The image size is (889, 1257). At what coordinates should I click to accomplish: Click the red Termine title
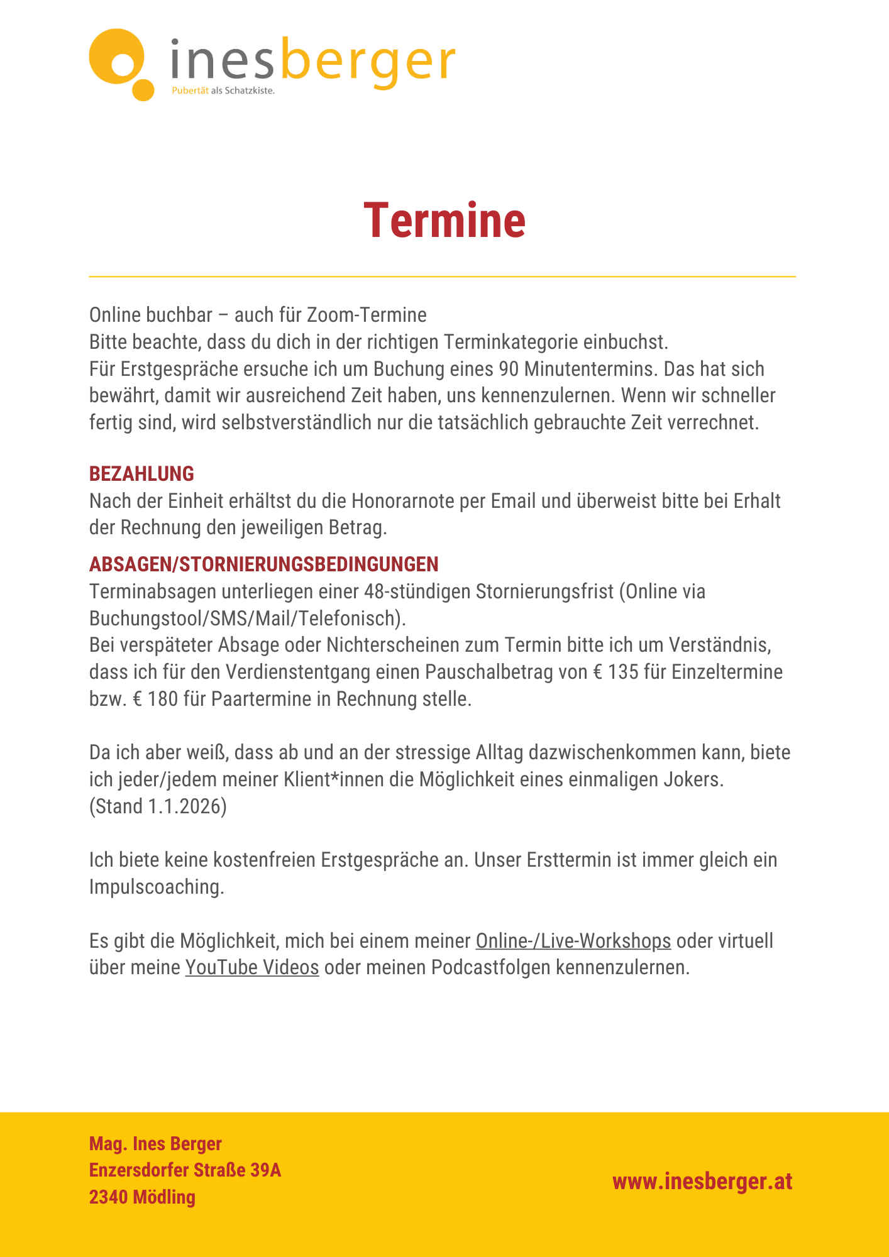[444, 221]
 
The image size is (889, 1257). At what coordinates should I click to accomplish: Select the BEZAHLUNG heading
[141, 474]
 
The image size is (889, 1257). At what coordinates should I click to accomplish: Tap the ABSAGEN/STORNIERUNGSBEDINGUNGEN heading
[263, 564]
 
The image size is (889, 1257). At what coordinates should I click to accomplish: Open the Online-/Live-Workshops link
[573, 941]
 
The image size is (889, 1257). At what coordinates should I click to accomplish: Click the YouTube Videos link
[252, 967]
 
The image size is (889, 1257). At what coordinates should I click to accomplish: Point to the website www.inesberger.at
[702, 1182]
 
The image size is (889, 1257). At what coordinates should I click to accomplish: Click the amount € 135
[616, 672]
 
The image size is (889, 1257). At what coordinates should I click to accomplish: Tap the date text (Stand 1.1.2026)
[158, 806]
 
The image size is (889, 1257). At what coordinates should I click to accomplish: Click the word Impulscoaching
[157, 887]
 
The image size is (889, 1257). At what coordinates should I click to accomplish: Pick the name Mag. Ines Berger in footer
[155, 1144]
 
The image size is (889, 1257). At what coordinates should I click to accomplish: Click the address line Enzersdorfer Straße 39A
[185, 1170]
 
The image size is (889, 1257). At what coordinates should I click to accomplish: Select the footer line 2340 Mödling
[142, 1197]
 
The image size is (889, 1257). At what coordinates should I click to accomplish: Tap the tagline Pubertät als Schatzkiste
[223, 91]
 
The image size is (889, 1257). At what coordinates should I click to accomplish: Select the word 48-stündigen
[417, 591]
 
